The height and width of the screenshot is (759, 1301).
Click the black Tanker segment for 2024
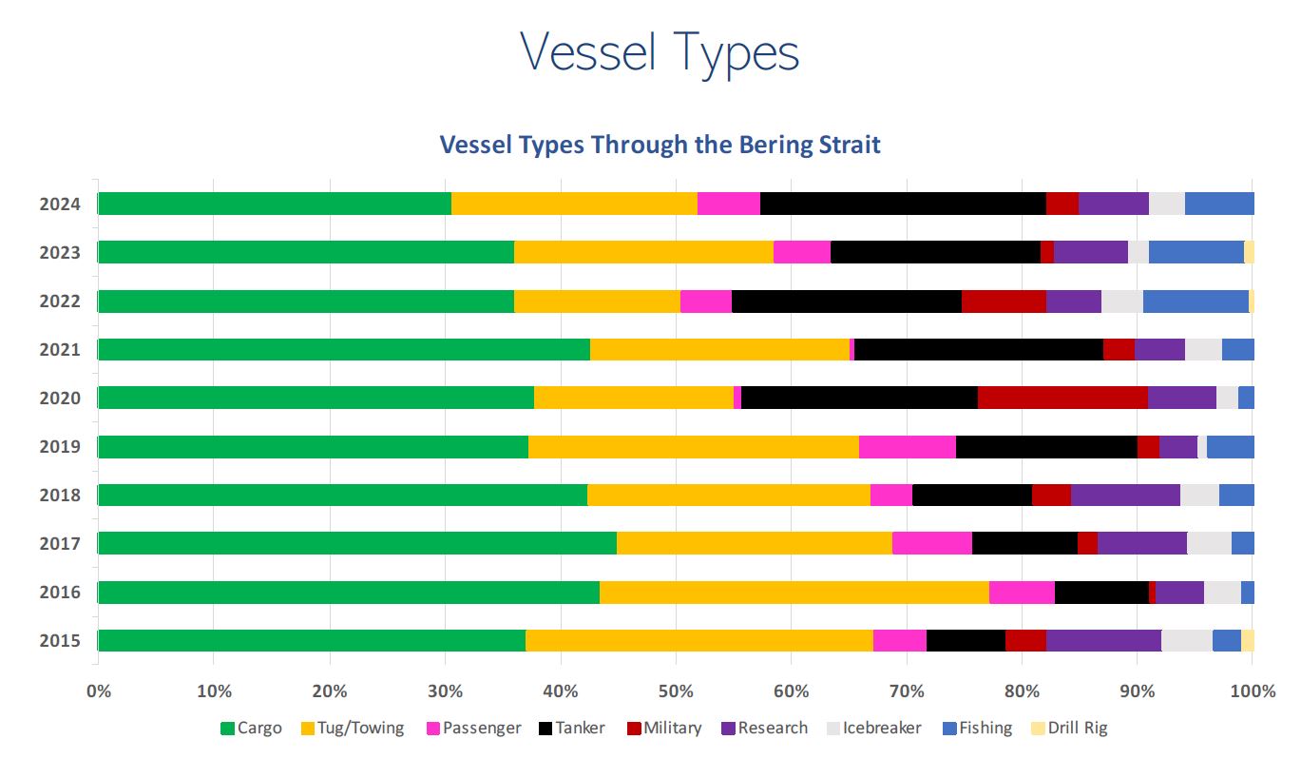(x=902, y=204)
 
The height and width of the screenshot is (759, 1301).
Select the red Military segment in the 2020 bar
(x=1062, y=398)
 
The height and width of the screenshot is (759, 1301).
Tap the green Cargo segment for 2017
(x=356, y=543)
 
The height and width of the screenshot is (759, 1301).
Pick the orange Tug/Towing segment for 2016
(x=794, y=593)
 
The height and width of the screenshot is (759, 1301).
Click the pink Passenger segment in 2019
(x=907, y=447)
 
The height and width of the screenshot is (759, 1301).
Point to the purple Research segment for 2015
(x=1103, y=641)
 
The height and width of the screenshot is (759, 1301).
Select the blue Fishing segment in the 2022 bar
(x=1196, y=301)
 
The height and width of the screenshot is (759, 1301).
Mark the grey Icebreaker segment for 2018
(x=1199, y=495)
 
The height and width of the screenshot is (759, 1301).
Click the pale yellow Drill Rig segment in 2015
(x=1248, y=641)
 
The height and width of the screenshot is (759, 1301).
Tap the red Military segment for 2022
(x=1004, y=301)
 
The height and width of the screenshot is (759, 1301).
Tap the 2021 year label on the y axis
(x=58, y=350)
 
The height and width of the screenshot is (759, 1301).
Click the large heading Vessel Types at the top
(x=660, y=53)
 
